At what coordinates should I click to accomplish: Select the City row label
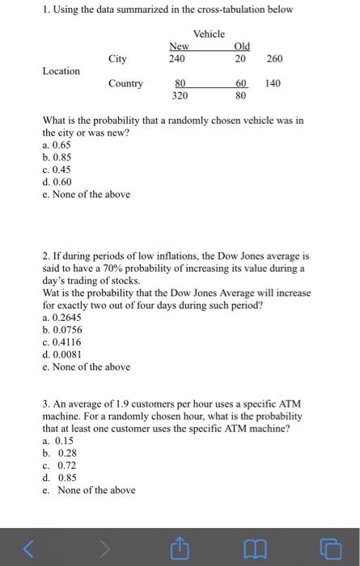click(118, 58)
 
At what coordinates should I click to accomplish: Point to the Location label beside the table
click(61, 71)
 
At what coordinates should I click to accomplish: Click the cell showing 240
click(177, 58)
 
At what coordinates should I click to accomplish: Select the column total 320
click(180, 95)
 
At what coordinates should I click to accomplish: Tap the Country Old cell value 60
click(240, 83)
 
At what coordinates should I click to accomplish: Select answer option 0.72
click(66, 466)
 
